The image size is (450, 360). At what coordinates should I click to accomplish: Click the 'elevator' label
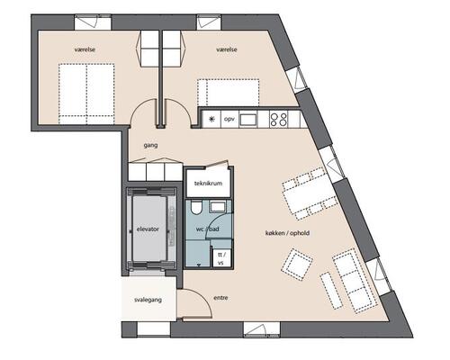(148, 229)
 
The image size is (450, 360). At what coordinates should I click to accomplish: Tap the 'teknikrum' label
(208, 184)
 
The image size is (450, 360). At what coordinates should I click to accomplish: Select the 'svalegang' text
(148, 300)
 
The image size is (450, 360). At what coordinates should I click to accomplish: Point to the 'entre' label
(220, 298)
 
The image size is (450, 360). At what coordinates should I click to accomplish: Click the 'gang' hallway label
(150, 146)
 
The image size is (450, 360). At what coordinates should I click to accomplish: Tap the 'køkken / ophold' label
(287, 233)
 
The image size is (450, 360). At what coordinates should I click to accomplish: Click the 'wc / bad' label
(208, 229)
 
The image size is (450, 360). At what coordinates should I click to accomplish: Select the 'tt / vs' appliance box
(221, 257)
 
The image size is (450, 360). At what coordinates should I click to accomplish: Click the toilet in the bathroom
(196, 208)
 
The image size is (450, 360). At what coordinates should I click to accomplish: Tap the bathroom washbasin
(218, 207)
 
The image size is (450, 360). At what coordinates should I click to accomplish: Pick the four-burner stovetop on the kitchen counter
(279, 120)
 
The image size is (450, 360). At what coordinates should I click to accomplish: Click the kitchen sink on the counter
(248, 120)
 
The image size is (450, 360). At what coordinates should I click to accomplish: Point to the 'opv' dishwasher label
(229, 119)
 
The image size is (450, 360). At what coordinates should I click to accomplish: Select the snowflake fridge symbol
(212, 119)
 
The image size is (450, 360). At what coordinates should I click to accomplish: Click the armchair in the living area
(297, 265)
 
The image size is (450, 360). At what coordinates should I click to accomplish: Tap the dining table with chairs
(310, 193)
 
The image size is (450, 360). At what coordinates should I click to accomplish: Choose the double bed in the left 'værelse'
(86, 94)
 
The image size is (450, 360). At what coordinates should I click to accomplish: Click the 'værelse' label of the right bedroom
(227, 49)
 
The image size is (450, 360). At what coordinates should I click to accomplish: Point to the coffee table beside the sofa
(331, 291)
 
